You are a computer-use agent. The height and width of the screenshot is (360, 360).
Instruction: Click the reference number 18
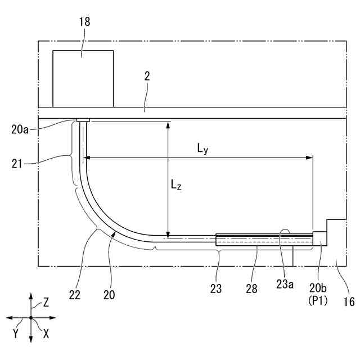pos(85,22)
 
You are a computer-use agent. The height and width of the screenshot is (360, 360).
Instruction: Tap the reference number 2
pos(147,76)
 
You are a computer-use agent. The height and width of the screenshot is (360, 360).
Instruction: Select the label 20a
pos(20,130)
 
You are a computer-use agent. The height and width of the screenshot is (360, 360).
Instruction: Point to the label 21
pos(17,164)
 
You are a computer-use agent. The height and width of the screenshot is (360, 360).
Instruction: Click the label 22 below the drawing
pos(75,295)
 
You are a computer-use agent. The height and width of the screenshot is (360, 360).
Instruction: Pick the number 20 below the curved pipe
pos(109,295)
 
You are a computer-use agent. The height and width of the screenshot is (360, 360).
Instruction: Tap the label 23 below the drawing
pos(216,289)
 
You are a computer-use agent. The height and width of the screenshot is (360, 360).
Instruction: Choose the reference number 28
pos(251,289)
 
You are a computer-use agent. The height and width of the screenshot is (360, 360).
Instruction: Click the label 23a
pos(285,285)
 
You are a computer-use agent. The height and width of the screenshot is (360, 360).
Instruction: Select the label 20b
pos(318,288)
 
